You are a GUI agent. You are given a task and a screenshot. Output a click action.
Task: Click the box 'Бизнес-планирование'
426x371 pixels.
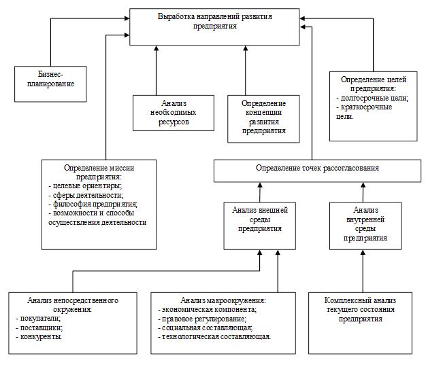50,84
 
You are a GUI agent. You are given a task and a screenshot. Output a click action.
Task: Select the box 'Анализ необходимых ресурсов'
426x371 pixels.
174,113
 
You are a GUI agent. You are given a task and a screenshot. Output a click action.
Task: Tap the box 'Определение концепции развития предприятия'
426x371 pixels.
263,119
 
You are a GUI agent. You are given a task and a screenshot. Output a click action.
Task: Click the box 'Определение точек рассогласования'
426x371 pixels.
317,171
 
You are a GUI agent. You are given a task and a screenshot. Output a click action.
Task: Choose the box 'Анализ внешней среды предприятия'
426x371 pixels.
260,226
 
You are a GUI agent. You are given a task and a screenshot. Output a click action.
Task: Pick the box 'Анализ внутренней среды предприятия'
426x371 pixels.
365,226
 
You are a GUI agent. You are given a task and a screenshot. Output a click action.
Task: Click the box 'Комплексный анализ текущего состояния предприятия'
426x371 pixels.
360,323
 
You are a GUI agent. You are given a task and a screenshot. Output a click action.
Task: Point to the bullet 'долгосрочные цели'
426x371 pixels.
372,98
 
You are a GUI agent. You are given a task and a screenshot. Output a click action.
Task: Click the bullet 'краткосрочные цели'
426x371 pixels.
364,111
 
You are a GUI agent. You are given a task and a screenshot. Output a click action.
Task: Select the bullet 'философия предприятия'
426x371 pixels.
93,204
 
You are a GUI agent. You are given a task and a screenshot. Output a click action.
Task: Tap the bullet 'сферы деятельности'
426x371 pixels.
86,195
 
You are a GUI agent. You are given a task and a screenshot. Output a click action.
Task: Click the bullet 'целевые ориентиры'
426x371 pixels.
85,186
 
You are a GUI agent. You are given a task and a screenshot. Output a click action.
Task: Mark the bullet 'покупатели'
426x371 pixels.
38,319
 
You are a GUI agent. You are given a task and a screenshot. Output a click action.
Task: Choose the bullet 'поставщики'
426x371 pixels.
39,328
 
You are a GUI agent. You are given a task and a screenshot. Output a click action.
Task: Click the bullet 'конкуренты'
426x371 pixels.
39,337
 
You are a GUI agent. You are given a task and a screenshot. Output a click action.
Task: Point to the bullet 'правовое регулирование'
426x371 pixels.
202,319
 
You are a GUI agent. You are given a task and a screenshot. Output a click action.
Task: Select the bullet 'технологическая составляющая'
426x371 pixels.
214,337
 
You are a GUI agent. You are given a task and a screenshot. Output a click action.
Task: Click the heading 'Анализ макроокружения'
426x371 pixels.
223,300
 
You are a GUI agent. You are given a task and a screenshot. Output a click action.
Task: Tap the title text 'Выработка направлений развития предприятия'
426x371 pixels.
214,21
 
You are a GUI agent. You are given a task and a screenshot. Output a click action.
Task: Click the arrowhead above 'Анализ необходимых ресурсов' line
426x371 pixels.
157,48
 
